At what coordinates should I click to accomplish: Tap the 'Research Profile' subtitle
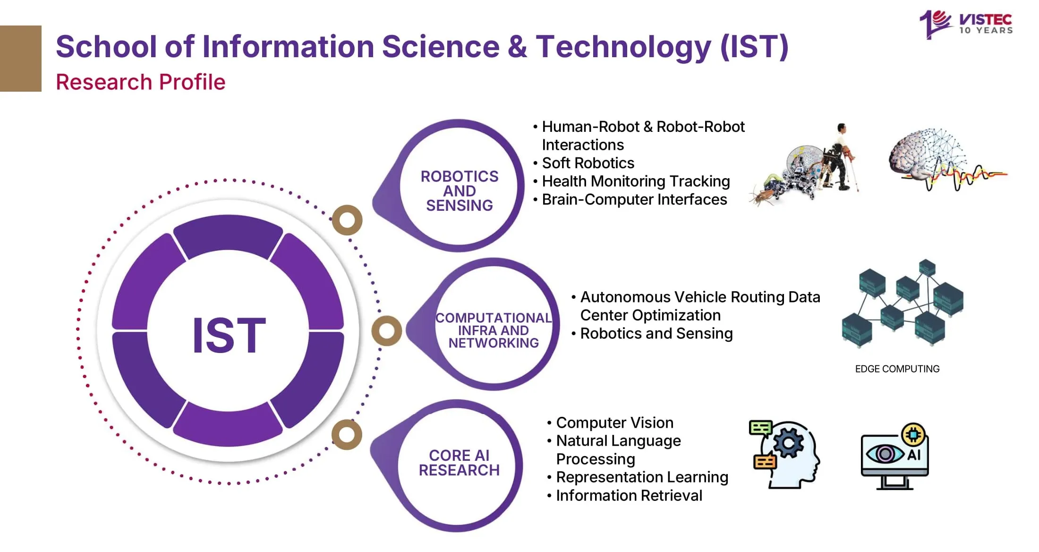click(x=140, y=82)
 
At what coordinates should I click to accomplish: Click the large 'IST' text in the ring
click(x=229, y=335)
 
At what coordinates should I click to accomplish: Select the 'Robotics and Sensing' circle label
click(x=459, y=190)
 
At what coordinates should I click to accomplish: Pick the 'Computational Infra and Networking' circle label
click(x=493, y=330)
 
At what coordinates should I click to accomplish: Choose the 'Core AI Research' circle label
click(x=459, y=463)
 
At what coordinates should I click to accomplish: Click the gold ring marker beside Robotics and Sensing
click(x=347, y=220)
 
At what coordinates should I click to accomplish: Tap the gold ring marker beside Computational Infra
click(x=386, y=331)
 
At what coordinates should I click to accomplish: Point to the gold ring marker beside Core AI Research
click(x=347, y=434)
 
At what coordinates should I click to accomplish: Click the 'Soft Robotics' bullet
click(x=588, y=163)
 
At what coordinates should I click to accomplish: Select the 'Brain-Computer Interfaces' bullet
click(x=634, y=199)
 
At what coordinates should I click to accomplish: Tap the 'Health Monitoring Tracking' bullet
click(x=635, y=181)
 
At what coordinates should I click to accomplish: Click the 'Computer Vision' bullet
click(x=614, y=423)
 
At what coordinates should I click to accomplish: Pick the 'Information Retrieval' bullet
click(x=629, y=495)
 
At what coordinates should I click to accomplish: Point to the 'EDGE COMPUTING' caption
click(x=897, y=369)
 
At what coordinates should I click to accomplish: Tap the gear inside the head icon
click(x=787, y=443)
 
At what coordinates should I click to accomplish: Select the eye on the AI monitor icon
click(x=885, y=454)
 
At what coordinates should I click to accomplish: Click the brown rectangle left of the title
click(x=20, y=58)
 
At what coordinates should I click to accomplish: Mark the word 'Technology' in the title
click(x=623, y=47)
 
